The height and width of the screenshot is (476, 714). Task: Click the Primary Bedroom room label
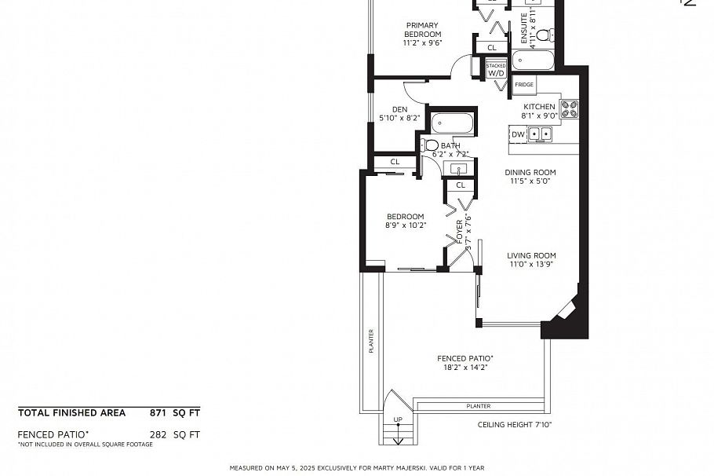click(423, 29)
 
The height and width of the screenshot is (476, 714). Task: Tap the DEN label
click(399, 109)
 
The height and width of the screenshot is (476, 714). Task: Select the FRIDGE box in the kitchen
click(524, 85)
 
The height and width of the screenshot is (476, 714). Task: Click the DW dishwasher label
click(518, 135)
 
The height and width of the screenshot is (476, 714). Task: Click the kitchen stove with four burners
click(569, 109)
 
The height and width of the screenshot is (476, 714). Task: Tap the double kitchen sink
click(539, 135)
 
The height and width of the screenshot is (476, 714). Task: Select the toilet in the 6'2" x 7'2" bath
click(431, 145)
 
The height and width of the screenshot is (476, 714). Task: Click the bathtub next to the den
click(452, 123)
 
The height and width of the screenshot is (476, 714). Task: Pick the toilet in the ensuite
click(552, 35)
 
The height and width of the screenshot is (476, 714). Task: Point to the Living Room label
click(531, 255)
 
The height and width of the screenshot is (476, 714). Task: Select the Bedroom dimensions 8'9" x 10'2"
click(405, 225)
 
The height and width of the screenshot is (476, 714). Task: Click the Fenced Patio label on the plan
click(460, 358)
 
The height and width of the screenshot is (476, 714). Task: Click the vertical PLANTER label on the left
click(371, 340)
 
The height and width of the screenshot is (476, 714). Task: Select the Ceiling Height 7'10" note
click(515, 425)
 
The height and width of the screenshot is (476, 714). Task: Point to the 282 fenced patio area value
click(159, 434)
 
